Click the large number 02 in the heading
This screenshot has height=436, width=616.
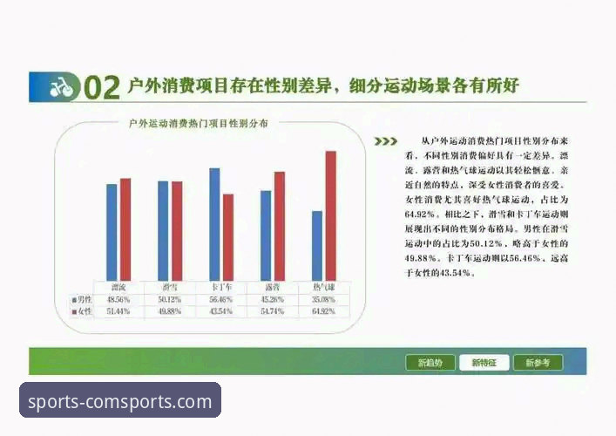pos(101,87)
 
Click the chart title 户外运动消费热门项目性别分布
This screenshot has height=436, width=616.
pos(198,124)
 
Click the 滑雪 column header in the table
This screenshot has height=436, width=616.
pos(170,287)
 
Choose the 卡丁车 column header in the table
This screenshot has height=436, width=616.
pos(221,287)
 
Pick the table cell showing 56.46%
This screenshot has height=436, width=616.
pos(221,299)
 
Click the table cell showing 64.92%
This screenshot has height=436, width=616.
pos(323,311)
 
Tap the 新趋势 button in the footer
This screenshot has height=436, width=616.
pos(430,363)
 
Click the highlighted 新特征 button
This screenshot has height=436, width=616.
pos(484,363)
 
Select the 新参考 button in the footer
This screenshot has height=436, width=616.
pos(538,363)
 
